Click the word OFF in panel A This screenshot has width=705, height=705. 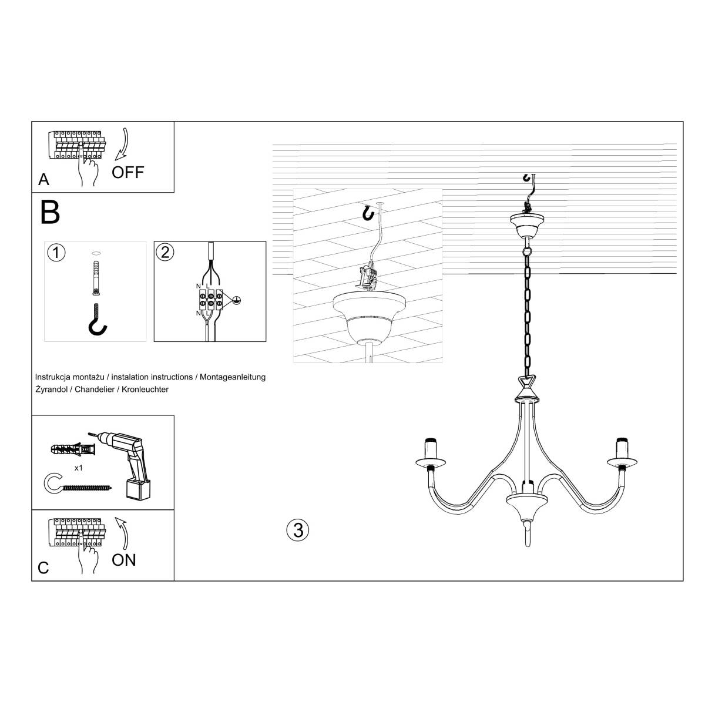click(127, 172)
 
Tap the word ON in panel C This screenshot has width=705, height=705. click(124, 559)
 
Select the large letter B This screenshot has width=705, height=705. click(51, 212)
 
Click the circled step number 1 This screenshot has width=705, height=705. click(55, 253)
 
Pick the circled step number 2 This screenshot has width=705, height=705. click(165, 252)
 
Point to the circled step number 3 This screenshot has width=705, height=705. click(297, 529)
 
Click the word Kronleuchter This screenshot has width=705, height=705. click(146, 390)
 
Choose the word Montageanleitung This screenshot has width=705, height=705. click(233, 377)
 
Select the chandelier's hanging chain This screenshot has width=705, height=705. click(526, 311)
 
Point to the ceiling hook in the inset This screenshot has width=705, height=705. click(368, 213)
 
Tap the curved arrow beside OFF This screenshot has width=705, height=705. click(122, 145)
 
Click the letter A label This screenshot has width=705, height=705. click(43, 179)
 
